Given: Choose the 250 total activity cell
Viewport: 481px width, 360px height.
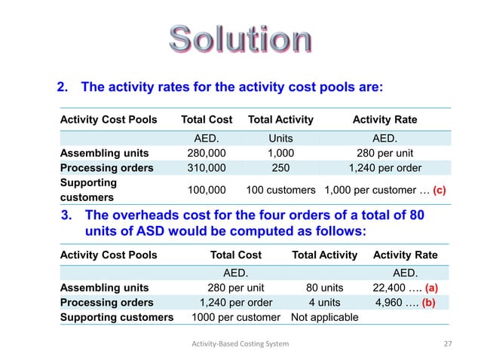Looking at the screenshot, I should point(280,168).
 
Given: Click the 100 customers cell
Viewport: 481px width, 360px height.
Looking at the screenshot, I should point(280,190).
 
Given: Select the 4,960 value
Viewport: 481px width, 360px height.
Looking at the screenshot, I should point(394,303).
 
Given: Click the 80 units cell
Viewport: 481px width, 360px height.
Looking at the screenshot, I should point(324,288).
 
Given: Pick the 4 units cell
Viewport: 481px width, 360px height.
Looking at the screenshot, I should point(324,303).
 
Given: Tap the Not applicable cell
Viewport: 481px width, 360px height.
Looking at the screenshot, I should point(325,317).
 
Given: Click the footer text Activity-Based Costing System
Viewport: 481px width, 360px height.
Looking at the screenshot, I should point(240,344).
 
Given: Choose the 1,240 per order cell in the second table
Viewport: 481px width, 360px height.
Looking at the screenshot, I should point(235,303).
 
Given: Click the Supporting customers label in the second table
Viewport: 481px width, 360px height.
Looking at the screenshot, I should point(117,317).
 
